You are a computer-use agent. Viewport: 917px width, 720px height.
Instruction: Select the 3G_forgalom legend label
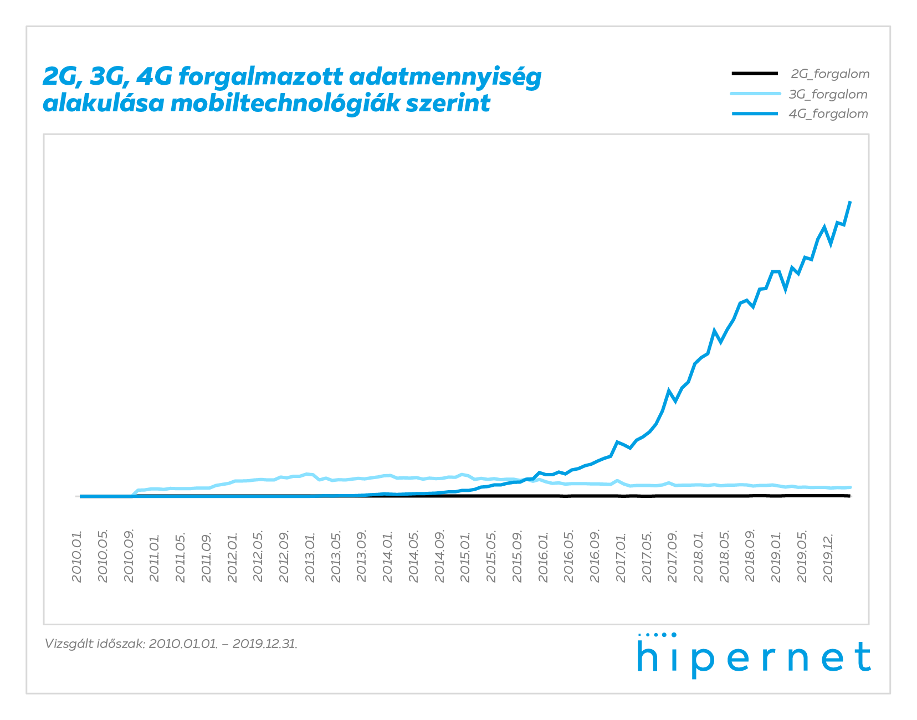pyautogui.click(x=828, y=94)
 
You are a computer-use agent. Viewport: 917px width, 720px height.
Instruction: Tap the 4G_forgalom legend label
pyautogui.click(x=828, y=114)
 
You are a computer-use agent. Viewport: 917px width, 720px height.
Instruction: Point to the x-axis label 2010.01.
pyautogui.click(x=77, y=557)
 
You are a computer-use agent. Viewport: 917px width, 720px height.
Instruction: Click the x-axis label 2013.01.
pyautogui.click(x=310, y=557)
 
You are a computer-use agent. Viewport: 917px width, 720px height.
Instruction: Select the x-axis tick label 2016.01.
pyautogui.click(x=544, y=557)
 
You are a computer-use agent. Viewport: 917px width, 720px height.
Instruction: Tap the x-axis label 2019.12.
pyautogui.click(x=829, y=557)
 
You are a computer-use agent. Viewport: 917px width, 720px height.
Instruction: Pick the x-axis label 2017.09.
pyautogui.click(x=673, y=557)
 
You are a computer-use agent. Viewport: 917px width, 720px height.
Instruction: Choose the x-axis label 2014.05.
pyautogui.click(x=414, y=557)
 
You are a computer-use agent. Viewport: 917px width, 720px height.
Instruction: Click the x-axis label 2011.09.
pyautogui.click(x=207, y=557)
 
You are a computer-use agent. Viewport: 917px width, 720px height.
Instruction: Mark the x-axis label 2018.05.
pyautogui.click(x=725, y=557)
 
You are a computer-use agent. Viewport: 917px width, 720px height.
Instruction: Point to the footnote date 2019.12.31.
pyautogui.click(x=265, y=644)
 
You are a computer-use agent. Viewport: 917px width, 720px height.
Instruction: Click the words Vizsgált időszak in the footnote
pyautogui.click(x=95, y=644)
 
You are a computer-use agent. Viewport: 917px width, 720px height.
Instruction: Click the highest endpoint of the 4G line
pyautogui.click(x=850, y=202)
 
